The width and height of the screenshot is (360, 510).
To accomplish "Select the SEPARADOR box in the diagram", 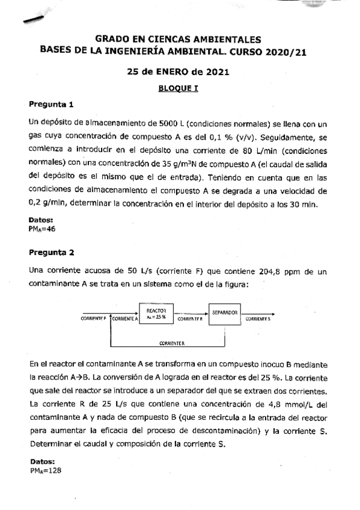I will pos(225,313).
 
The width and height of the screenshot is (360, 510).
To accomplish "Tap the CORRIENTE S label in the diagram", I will pos(258,319).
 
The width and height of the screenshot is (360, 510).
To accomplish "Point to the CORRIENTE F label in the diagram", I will pos(93,319).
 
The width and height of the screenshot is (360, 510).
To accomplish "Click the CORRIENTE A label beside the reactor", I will pos(124,319).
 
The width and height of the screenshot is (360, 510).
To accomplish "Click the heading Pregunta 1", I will pos(51,105).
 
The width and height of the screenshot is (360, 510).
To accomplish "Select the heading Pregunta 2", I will pos(51,252).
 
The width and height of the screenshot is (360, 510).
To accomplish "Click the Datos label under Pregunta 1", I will pos(41,220).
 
